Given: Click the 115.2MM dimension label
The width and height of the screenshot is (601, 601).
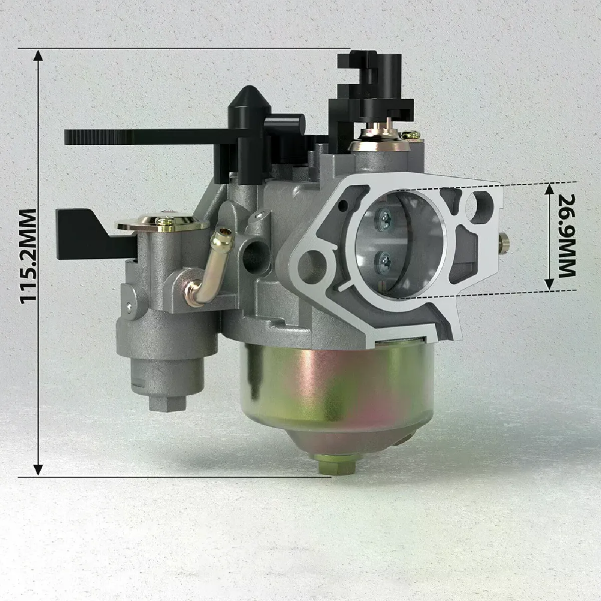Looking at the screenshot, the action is tap(28, 256).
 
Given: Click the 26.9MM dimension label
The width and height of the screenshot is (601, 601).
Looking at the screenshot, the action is tap(566, 236).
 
